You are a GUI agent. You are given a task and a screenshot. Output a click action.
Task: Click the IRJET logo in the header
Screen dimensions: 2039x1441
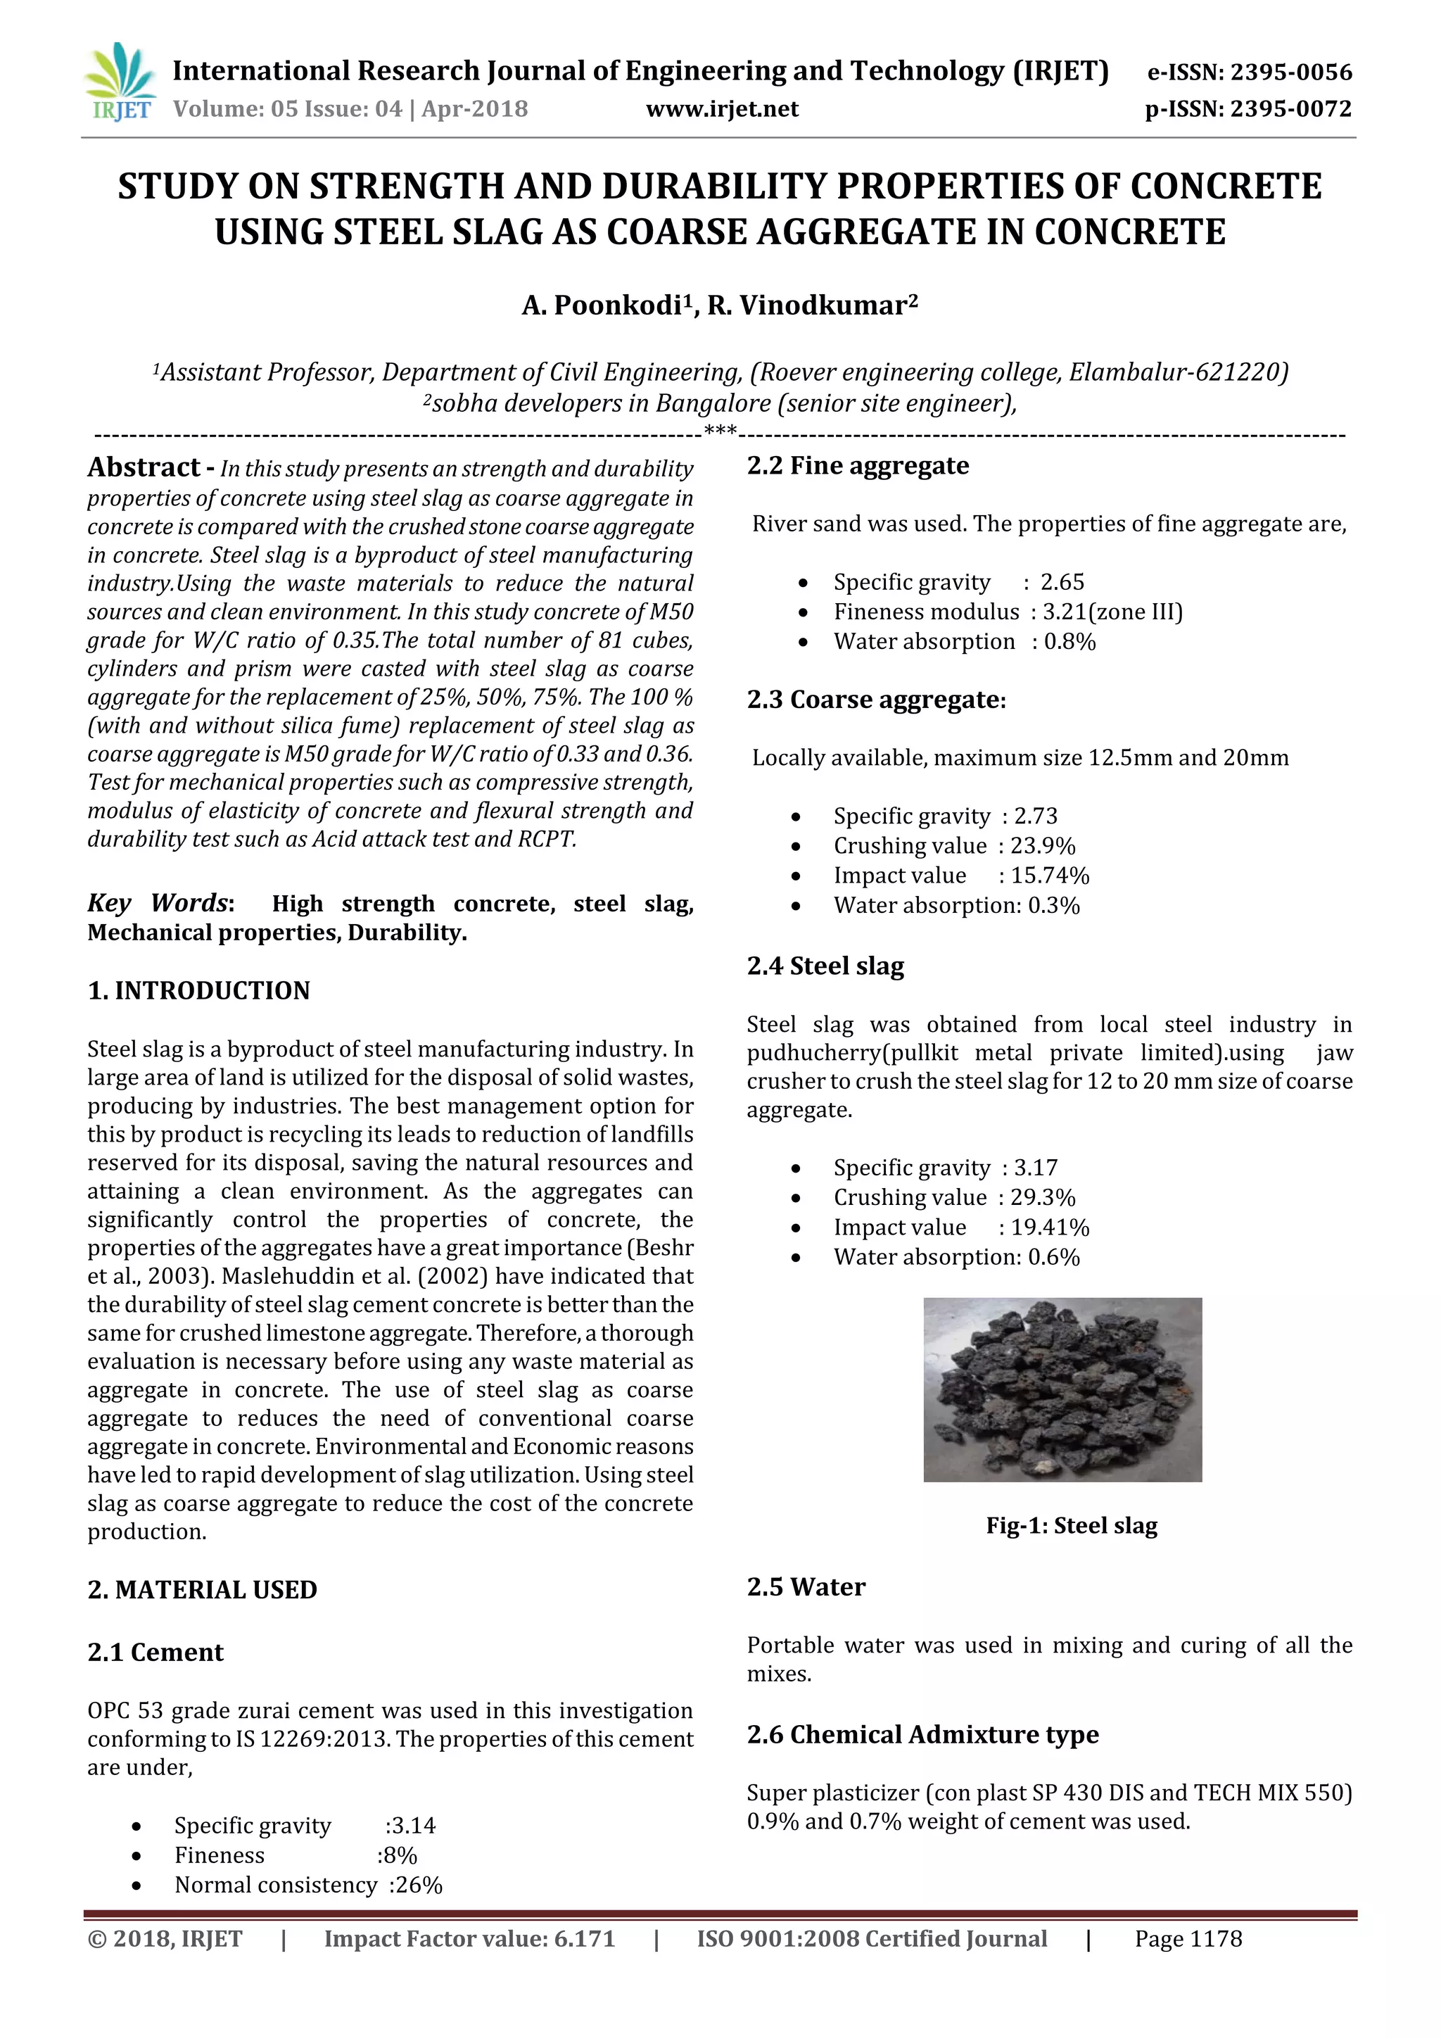(121, 82)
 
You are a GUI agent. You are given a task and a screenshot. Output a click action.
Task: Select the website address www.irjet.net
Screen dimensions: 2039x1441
(721, 109)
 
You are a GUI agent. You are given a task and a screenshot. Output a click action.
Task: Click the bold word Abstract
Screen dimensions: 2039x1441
(144, 467)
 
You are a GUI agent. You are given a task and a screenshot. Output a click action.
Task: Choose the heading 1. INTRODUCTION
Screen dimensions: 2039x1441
(199, 990)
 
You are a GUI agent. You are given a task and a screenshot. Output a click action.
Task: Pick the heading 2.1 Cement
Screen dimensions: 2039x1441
(155, 1652)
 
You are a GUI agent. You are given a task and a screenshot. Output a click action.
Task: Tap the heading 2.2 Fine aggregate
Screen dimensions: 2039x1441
(857, 465)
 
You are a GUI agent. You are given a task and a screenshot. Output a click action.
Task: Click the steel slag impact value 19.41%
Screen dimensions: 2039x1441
(1050, 1227)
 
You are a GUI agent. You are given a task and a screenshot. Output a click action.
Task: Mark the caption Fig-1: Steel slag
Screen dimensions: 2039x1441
(1071, 1526)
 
